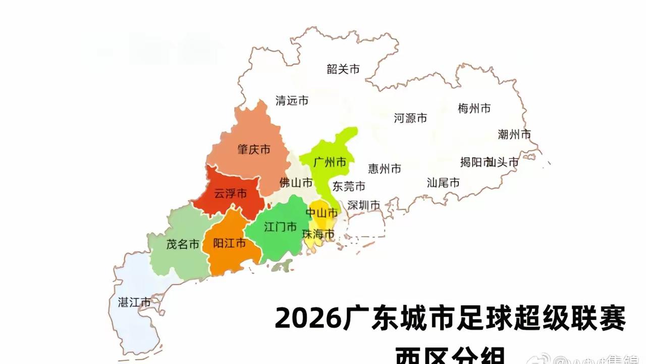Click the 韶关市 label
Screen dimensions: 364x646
pyautogui.click(x=343, y=69)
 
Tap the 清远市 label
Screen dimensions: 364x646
pyautogui.click(x=292, y=101)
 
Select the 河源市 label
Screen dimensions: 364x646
pyautogui.click(x=410, y=118)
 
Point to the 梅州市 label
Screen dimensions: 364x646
pyautogui.click(x=474, y=108)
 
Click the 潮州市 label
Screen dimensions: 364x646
pyautogui.click(x=514, y=134)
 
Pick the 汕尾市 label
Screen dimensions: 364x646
pyautogui.click(x=443, y=183)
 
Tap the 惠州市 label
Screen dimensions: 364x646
pyautogui.click(x=385, y=168)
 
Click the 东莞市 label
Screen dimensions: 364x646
pyautogui.click(x=348, y=187)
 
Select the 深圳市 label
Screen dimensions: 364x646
pyautogui.click(x=364, y=205)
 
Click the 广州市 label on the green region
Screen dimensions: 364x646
pyautogui.click(x=330, y=162)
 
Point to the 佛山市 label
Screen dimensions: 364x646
pyautogui.click(x=296, y=183)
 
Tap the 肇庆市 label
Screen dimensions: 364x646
pyautogui.click(x=254, y=150)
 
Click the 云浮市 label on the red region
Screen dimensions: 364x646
pyautogui.click(x=231, y=194)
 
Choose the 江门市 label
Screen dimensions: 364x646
pyautogui.click(x=281, y=227)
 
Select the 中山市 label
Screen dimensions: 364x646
pyautogui.click(x=322, y=213)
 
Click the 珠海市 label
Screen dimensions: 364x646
pyautogui.click(x=318, y=235)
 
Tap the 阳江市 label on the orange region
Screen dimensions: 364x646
pyautogui.click(x=230, y=244)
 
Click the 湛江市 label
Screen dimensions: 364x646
pyautogui.click(x=134, y=303)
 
